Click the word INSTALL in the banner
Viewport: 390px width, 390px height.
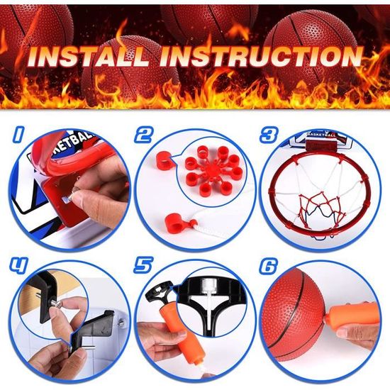[89, 57]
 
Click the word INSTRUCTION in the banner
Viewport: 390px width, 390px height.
[261, 57]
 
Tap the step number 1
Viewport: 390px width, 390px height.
[19, 135]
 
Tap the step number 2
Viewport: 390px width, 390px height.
[144, 135]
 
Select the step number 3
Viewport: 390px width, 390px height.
[269, 135]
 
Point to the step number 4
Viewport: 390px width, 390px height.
[18, 266]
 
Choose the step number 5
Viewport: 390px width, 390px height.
[143, 266]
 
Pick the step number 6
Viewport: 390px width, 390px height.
[268, 266]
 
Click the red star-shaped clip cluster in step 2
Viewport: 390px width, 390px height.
[213, 170]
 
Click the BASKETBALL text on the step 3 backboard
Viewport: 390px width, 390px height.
[321, 135]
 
